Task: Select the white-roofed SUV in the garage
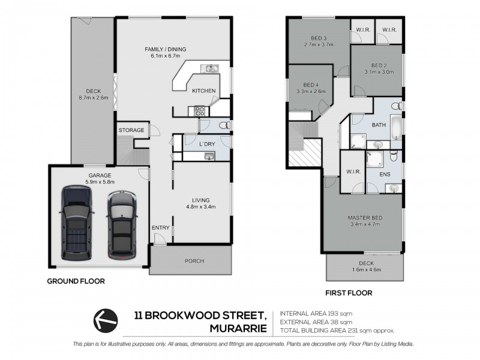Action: point(120,225)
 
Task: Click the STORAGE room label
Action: point(131,130)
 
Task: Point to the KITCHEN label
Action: point(203,91)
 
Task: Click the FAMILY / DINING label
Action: point(166,49)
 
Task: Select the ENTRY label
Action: point(161,227)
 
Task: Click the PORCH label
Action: point(194,261)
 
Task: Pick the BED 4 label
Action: point(310,85)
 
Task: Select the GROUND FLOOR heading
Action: point(76,281)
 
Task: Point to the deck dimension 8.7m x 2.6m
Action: point(93,97)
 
